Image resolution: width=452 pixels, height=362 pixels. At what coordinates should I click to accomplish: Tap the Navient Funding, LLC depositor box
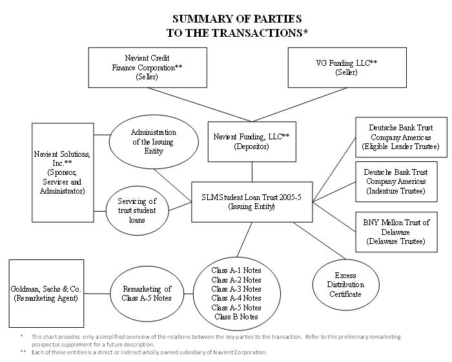pyautogui.click(x=252, y=141)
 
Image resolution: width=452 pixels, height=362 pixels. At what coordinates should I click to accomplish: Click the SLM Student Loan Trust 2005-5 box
pyautogui.click(x=252, y=202)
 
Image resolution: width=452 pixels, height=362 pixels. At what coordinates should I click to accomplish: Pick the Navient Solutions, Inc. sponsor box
pyautogui.click(x=63, y=168)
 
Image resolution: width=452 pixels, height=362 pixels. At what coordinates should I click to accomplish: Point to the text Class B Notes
pyautogui.click(x=236, y=317)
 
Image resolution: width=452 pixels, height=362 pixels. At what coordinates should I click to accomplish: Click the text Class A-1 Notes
pyautogui.click(x=236, y=269)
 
